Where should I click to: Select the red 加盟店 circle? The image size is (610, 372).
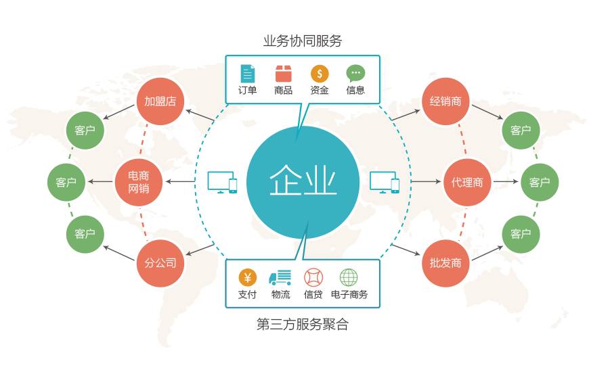coord(160,101)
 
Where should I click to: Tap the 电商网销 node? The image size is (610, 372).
coord(139,181)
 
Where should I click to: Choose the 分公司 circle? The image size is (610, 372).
coord(160,262)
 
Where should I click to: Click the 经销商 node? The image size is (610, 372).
coord(445,101)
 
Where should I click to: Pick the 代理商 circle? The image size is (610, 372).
coord(467,181)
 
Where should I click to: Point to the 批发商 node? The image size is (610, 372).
coord(445,262)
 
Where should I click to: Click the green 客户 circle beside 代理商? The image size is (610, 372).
coord(539,181)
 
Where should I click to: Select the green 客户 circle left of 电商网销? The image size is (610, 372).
coord(66,181)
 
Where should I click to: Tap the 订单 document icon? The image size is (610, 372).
coord(248,74)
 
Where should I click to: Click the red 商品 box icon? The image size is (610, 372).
coord(284,74)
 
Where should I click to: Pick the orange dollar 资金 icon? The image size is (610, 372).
coord(320,74)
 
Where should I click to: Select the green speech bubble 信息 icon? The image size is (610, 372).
coord(355,73)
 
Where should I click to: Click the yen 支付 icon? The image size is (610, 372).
coord(248,277)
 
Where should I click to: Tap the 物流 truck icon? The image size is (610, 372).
coord(280,277)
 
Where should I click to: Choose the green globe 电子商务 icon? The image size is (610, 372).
coord(349,277)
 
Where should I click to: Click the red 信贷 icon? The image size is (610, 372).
coord(313,277)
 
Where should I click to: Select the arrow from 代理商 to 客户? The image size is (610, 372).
coord(505,181)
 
